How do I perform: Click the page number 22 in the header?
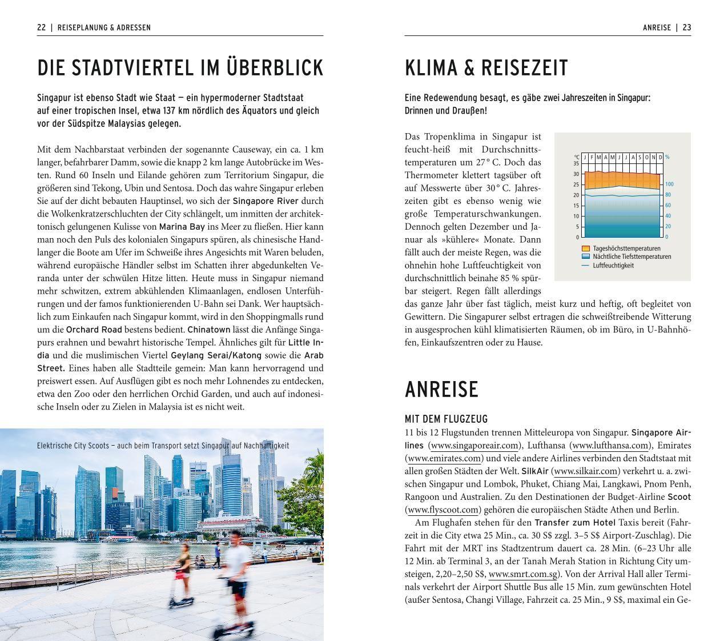[x=41, y=27]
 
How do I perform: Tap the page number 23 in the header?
[x=686, y=27]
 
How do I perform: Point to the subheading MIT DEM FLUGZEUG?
[x=446, y=419]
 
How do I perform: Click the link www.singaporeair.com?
[x=473, y=446]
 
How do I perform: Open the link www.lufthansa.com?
[x=610, y=446]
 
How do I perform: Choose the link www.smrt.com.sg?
[x=523, y=574]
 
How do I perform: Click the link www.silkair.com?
[x=586, y=471]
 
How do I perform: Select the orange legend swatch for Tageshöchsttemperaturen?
[x=585, y=249]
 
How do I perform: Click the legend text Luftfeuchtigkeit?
[x=613, y=265]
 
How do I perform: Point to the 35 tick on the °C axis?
[x=576, y=163]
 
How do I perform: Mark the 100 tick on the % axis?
[x=669, y=185]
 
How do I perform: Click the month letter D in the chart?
[x=661, y=157]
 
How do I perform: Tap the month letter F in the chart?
[x=592, y=157]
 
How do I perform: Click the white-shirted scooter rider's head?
[x=236, y=537]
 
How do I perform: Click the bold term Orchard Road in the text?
[x=94, y=330]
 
